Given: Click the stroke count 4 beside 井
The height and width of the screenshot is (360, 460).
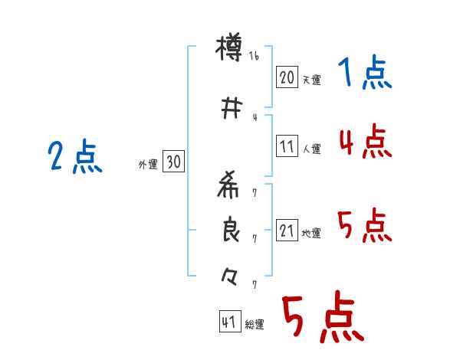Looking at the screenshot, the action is (x=255, y=117).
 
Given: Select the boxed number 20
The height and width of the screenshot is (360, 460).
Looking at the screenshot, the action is (x=287, y=77).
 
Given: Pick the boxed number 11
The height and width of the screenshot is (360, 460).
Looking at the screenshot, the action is (x=287, y=147).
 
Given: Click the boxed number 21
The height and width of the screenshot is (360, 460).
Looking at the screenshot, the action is (x=287, y=231).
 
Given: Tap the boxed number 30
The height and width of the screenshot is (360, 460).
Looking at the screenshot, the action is (x=173, y=162).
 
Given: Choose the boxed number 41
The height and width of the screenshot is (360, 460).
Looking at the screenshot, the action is (x=228, y=322).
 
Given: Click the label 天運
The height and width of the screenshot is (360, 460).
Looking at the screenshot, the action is (x=311, y=80).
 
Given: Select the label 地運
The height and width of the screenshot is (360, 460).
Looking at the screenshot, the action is (x=311, y=233).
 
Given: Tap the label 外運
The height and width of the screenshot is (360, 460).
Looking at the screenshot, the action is (x=148, y=164).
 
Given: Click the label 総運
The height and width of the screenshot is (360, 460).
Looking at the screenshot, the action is (x=255, y=325).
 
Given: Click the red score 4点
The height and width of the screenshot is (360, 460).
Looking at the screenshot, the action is (x=364, y=141).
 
